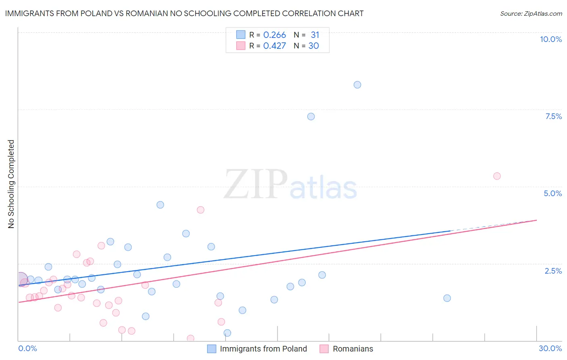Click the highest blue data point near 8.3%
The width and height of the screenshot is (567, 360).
click(x=357, y=85)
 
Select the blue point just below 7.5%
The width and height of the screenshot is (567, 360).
click(x=311, y=117)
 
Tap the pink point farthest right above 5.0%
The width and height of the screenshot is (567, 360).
click(x=497, y=176)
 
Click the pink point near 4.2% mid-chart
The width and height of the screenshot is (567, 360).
click(x=200, y=210)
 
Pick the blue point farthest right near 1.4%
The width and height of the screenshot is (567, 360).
click(x=447, y=298)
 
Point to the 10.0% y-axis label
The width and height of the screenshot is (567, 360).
click(x=551, y=39)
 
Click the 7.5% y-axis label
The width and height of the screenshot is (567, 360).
click(x=553, y=116)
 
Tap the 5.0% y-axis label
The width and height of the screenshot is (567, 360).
click(x=552, y=193)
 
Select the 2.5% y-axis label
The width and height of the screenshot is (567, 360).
click(x=553, y=271)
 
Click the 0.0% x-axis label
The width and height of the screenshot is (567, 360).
click(x=27, y=348)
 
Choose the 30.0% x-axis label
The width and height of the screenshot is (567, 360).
click(x=550, y=348)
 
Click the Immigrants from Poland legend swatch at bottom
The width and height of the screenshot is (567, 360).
click(x=212, y=349)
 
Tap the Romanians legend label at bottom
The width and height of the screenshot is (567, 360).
click(x=353, y=349)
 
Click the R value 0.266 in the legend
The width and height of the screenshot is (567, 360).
click(x=275, y=35)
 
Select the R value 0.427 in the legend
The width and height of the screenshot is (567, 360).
click(x=275, y=46)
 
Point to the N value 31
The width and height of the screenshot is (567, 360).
click(x=315, y=35)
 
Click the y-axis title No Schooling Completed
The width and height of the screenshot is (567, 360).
click(x=11, y=184)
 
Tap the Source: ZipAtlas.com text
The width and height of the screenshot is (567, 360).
click(x=531, y=14)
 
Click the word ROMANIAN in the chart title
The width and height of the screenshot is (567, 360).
click(x=145, y=13)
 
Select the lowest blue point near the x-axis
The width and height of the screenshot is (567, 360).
click(x=227, y=333)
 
